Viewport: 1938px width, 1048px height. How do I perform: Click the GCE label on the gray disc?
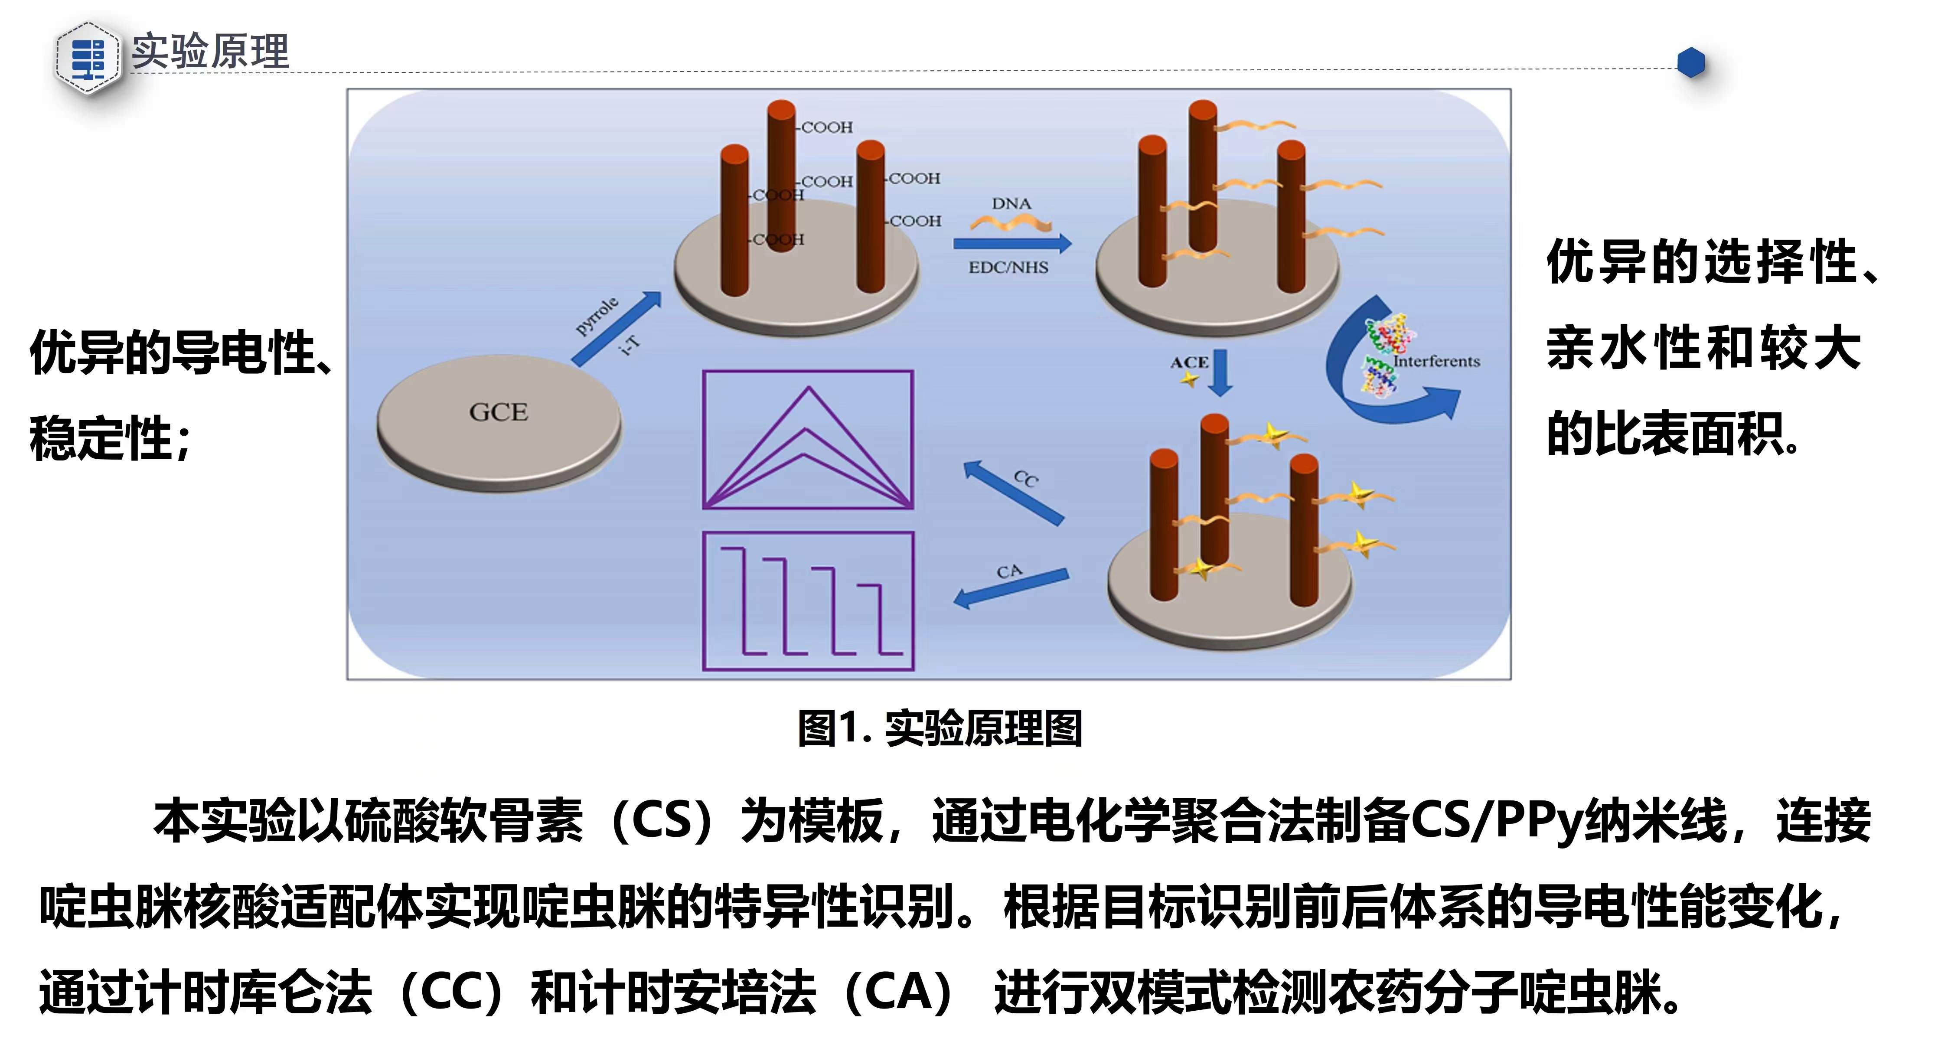pyautogui.click(x=498, y=412)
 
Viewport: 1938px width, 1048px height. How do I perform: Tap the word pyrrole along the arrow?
pyautogui.click(x=597, y=316)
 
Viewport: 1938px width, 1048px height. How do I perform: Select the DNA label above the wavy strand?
pyautogui.click(x=1011, y=204)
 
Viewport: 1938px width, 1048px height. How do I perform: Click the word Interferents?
pyautogui.click(x=1436, y=362)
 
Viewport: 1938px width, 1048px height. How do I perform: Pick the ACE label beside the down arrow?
pyautogui.click(x=1189, y=362)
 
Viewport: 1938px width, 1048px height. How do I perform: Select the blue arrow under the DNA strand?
pyautogui.click(x=1012, y=243)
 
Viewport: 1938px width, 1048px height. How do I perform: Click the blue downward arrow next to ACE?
pyautogui.click(x=1220, y=372)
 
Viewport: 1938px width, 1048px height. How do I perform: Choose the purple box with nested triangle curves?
pyautogui.click(x=808, y=440)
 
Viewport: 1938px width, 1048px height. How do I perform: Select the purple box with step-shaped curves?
pyautogui.click(x=808, y=601)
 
